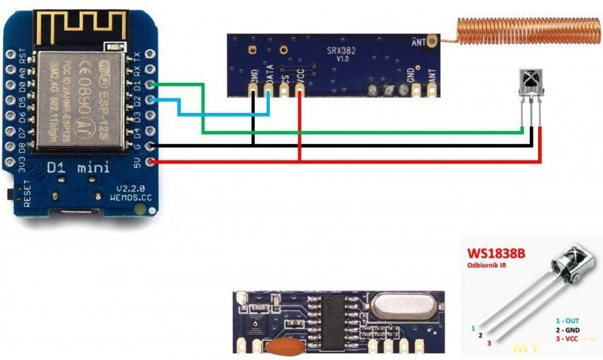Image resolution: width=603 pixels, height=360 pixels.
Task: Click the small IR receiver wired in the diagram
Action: click(x=531, y=79)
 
